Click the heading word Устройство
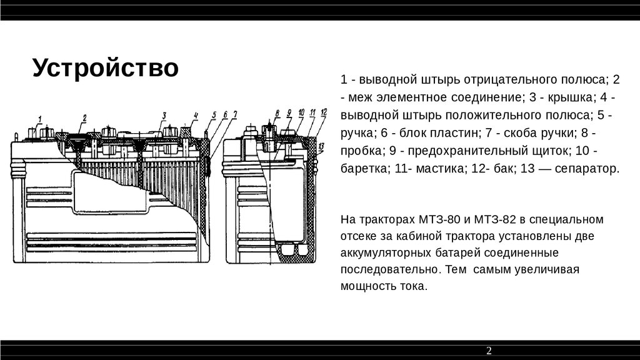pyautogui.click(x=106, y=68)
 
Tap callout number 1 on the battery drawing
pyautogui.click(x=40, y=118)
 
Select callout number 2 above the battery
pyautogui.click(x=84, y=117)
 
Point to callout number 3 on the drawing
pyautogui.click(x=164, y=115)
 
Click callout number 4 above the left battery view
pyautogui.click(x=196, y=116)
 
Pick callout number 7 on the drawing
pyautogui.click(x=235, y=114)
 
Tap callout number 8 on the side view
pyautogui.click(x=277, y=113)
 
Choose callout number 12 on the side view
pyautogui.click(x=324, y=112)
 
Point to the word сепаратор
pyautogui.click(x=588, y=169)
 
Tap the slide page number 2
pyautogui.click(x=489, y=351)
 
